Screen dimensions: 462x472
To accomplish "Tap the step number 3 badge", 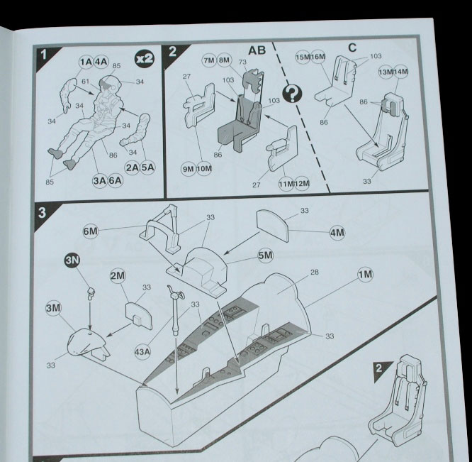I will [x=43, y=212].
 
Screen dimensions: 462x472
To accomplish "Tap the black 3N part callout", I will [x=74, y=260].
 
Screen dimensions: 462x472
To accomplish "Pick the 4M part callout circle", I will [x=337, y=233].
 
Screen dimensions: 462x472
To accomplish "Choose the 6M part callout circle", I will [x=90, y=231].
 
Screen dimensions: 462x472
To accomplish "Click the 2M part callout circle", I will [x=118, y=275].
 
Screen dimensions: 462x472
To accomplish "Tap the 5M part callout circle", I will [x=265, y=255].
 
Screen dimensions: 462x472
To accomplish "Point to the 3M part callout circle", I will [x=53, y=308].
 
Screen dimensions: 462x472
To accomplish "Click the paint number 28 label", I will [x=314, y=272].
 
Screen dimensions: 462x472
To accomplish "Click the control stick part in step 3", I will [x=174, y=312].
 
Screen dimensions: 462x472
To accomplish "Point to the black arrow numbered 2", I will [x=381, y=368].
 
